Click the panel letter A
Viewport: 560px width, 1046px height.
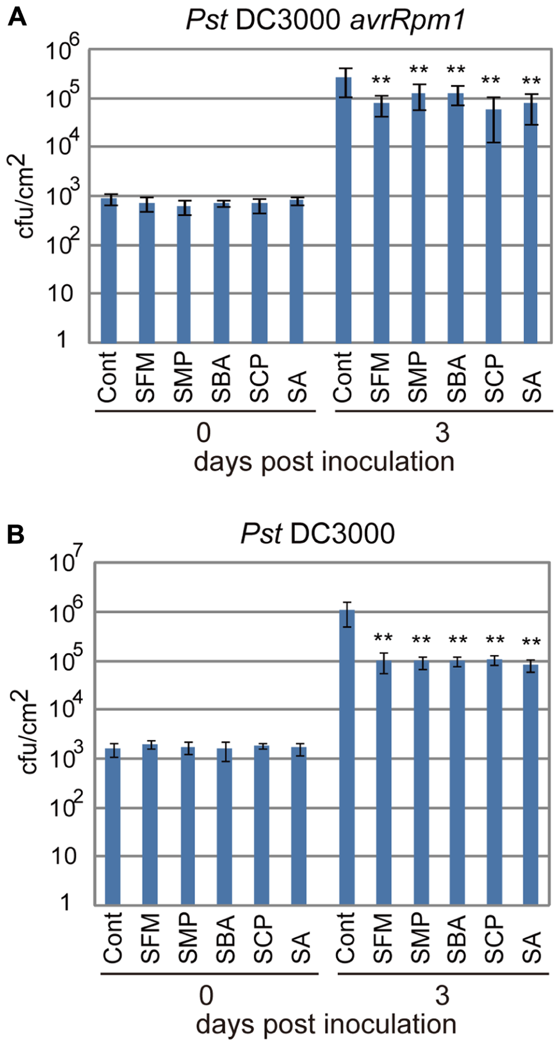[17, 18]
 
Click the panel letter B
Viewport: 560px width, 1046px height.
[16, 535]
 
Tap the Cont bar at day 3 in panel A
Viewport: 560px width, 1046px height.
[344, 209]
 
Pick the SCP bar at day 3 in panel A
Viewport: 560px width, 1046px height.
[493, 226]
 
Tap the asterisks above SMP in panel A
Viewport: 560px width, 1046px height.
[419, 69]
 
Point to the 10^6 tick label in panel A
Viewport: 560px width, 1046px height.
[62, 49]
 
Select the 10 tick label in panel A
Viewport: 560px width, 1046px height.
[60, 294]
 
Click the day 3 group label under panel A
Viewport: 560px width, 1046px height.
[442, 433]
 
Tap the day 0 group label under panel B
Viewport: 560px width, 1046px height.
[206, 996]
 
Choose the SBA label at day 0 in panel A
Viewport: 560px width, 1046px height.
[221, 378]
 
